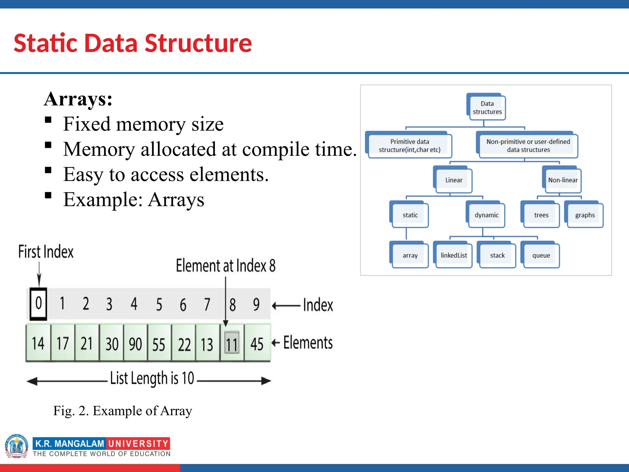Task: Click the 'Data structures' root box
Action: [x=487, y=108]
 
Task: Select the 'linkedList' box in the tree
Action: [x=454, y=255]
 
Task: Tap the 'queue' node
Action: [x=541, y=255]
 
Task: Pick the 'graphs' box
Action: [x=585, y=215]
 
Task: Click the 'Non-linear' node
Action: [x=563, y=180]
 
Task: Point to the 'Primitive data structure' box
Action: [x=409, y=145]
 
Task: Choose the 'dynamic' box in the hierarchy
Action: [x=486, y=215]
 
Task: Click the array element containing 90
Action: [x=135, y=344]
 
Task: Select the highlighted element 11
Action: [x=232, y=343]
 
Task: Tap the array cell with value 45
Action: [x=257, y=344]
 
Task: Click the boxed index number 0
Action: [x=38, y=304]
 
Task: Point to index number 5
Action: [x=159, y=304]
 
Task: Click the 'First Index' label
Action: [x=46, y=252]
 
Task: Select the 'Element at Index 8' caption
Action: [x=225, y=266]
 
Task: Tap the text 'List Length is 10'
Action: [x=152, y=378]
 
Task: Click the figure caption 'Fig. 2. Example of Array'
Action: [x=123, y=411]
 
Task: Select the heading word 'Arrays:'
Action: [x=78, y=99]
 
